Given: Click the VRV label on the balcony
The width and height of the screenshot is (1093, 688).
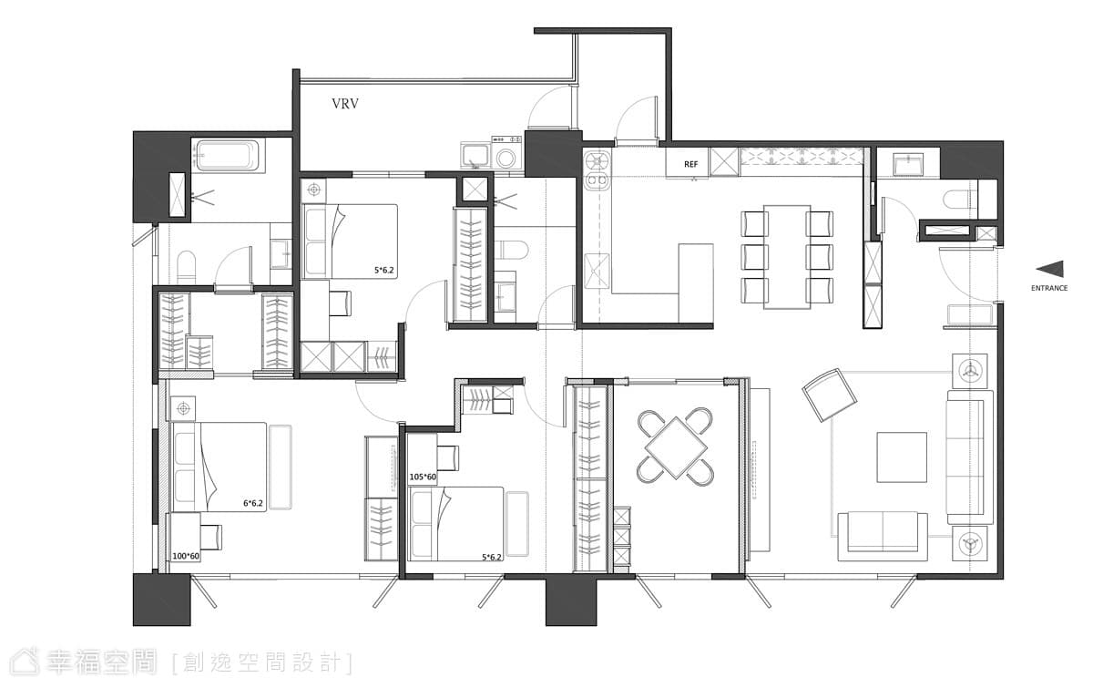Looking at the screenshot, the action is pyautogui.click(x=345, y=104).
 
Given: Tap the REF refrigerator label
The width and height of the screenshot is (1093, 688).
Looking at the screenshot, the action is pyautogui.click(x=690, y=165).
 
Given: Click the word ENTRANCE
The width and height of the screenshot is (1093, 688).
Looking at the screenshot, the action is pyautogui.click(x=1049, y=288).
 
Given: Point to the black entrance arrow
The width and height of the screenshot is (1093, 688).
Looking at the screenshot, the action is pyautogui.click(x=1049, y=269).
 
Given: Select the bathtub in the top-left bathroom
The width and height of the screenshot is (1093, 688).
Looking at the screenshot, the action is pyautogui.click(x=228, y=156).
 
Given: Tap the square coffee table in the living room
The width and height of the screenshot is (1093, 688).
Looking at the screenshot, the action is pyautogui.click(x=902, y=457).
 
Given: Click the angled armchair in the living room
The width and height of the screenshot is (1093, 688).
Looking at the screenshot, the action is pyautogui.click(x=830, y=395).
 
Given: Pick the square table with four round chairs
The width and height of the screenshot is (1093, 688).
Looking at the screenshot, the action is pyautogui.click(x=675, y=447).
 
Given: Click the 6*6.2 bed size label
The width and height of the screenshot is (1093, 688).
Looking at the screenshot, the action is pyautogui.click(x=253, y=503).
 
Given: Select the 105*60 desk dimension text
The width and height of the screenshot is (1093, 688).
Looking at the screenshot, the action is pyautogui.click(x=423, y=477).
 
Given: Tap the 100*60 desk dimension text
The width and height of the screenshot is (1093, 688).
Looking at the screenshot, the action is pyautogui.click(x=186, y=556).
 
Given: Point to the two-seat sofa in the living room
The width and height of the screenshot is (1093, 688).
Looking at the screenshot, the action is pyautogui.click(x=883, y=536).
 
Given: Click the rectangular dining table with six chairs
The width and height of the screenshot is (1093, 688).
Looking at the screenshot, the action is pyautogui.click(x=787, y=257).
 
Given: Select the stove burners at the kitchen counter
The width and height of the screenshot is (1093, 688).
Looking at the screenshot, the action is pyautogui.click(x=598, y=170).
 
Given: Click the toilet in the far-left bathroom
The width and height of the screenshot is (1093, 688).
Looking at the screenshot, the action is pyautogui.click(x=186, y=267).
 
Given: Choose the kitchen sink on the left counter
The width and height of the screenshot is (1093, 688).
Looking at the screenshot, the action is pyautogui.click(x=597, y=271).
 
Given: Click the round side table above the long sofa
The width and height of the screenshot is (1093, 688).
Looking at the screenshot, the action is pyautogui.click(x=969, y=371).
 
